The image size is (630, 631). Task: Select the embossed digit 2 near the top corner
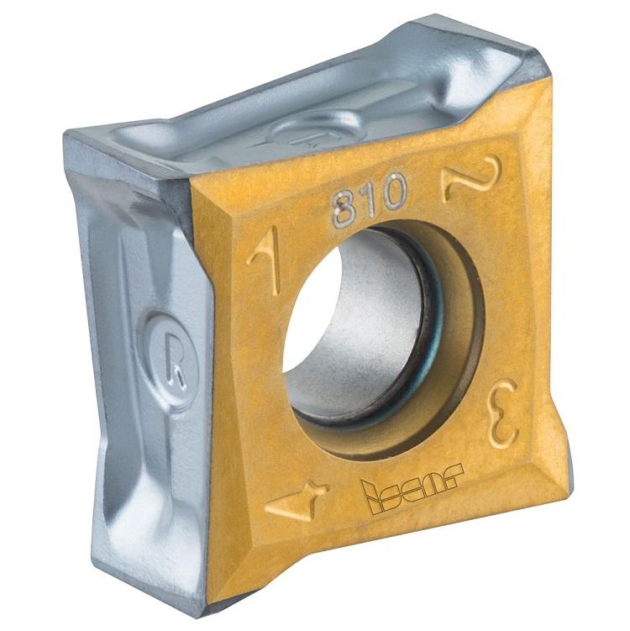(x=471, y=176)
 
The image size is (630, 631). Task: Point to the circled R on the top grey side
(x=312, y=129)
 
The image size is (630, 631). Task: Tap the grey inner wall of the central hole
(x=378, y=336)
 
